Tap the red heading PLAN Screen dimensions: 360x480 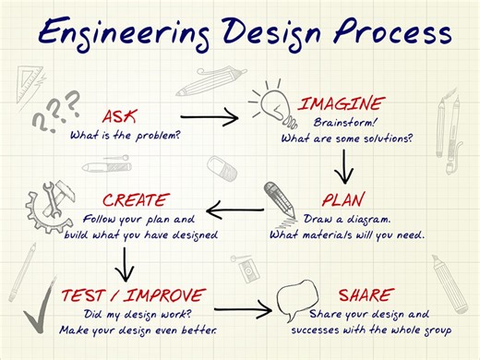coord(343,199)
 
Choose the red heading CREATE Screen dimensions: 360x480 coord(136,199)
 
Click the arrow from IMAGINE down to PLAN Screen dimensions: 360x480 coord(344,165)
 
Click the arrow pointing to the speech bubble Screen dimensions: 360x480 coord(244,310)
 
